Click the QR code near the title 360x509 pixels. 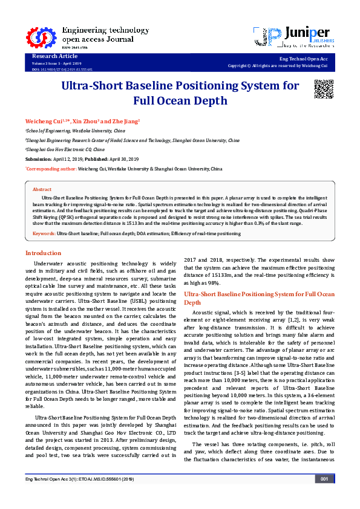point(324,89)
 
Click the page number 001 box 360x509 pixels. point(324,496)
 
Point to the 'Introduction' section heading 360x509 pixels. point(43,253)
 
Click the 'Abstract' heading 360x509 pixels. point(42,189)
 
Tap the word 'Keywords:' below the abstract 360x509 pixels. point(44,233)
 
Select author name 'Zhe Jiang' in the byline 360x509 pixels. point(123,122)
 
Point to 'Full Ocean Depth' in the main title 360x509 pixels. point(180,101)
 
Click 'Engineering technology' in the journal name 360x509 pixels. point(97,30)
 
